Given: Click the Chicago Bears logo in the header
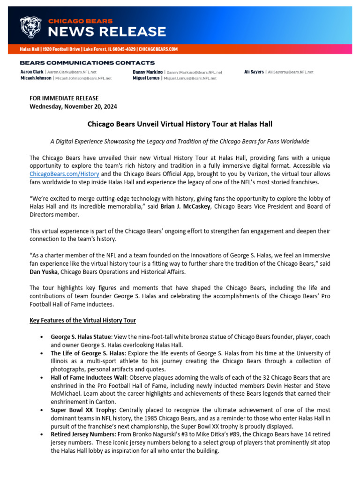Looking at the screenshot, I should click(31, 27).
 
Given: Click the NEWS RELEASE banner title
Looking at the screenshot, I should click(107, 32).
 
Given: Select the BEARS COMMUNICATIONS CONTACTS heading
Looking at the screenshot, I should click(87, 63).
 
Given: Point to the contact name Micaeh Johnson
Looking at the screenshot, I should click(36, 78).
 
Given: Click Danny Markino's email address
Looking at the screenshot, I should click(194, 72).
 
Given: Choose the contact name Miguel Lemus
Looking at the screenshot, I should click(146, 78).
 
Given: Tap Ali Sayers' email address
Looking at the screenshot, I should click(290, 72).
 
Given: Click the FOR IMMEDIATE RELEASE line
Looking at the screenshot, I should click(64, 98).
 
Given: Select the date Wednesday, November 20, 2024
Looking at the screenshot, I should click(73, 106).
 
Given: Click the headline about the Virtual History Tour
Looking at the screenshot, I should click(180, 124).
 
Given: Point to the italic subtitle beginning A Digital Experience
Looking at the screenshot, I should click(180, 141).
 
